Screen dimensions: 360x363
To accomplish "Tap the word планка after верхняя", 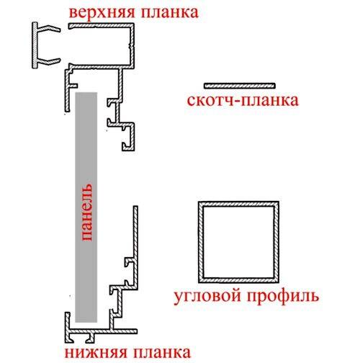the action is click(x=170, y=12).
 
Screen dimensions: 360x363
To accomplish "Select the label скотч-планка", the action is click(x=243, y=100).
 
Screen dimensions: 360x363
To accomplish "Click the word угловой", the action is click(x=207, y=297).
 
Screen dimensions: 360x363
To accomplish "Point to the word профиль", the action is click(x=283, y=297).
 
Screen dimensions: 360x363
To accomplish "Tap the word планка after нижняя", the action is click(x=162, y=353).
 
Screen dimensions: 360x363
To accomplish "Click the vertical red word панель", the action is click(x=86, y=212).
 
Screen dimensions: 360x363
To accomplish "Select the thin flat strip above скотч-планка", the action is click(x=240, y=86).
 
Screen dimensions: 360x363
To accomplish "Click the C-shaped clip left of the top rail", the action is click(x=35, y=45).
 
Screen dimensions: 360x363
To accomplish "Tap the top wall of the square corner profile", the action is click(x=238, y=204).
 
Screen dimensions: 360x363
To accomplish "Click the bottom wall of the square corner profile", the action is click(x=238, y=280).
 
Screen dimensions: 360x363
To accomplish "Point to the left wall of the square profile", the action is click(x=201, y=242).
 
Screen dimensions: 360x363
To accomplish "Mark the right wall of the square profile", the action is click(x=276, y=242).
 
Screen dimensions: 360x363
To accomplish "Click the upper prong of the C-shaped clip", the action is click(x=48, y=28).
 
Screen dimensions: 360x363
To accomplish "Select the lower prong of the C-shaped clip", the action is click(x=48, y=61).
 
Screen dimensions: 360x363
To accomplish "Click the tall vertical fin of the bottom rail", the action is click(x=135, y=247).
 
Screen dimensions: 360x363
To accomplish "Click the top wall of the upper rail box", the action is click(x=101, y=25).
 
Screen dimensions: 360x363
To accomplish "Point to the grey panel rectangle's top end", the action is click(x=86, y=93).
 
